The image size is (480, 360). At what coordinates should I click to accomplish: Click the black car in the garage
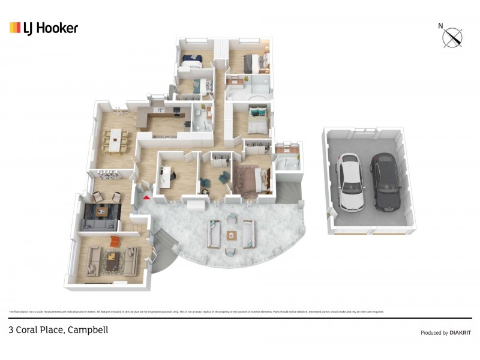383,181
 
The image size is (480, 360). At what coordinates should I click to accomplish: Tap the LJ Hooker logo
44,28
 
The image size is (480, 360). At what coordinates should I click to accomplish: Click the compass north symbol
452,37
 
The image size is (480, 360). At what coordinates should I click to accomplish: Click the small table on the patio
232,235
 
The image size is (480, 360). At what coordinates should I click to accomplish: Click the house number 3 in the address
11,329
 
